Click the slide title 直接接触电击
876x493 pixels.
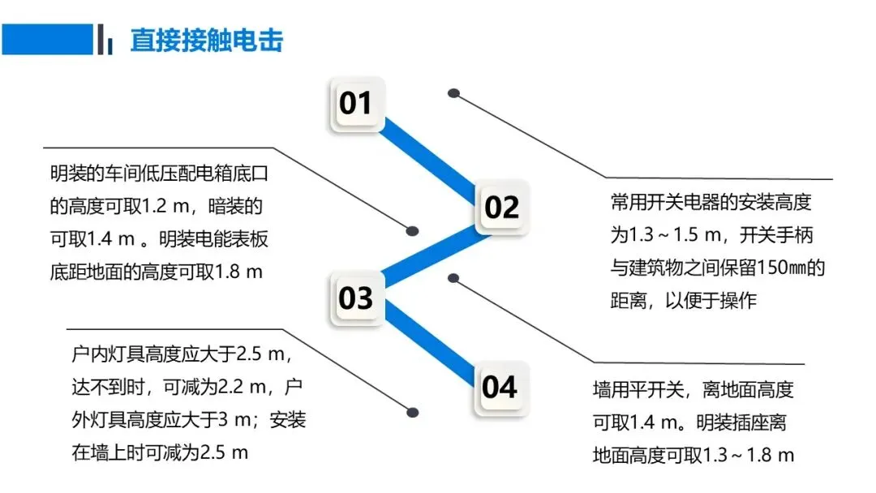[207, 41]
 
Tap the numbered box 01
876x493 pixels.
[355, 104]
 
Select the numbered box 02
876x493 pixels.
[501, 208]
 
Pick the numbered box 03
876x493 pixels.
[355, 298]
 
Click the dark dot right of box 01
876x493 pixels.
[454, 93]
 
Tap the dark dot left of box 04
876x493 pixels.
[412, 412]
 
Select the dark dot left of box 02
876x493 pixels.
[412, 230]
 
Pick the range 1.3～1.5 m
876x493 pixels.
[676, 236]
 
